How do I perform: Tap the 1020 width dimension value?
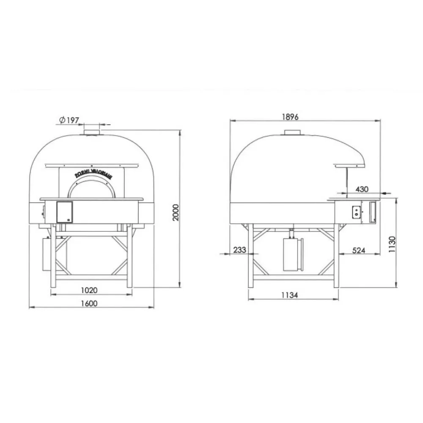pos(90,290)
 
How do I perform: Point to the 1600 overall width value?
pos(90,303)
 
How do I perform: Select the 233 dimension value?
pos(239,250)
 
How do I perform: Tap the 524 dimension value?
pos(359,250)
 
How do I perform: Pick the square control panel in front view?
pos(64,211)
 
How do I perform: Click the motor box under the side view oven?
pos(292,255)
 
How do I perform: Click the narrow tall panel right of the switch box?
pos(372,212)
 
